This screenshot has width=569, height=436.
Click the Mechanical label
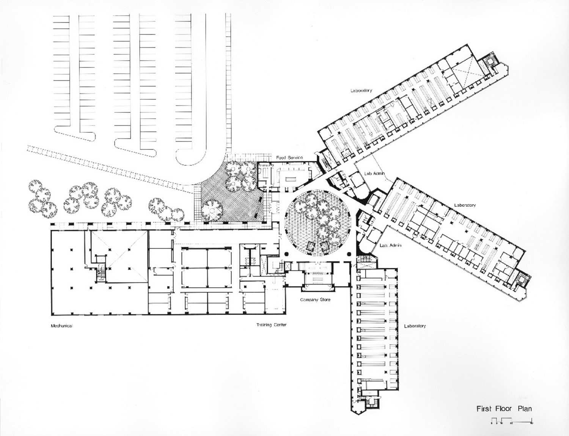[61, 326]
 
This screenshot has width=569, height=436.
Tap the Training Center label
[271, 325]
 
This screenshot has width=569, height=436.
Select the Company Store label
[315, 300]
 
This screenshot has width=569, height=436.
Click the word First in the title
[484, 409]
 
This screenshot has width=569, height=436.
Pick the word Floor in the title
[504, 409]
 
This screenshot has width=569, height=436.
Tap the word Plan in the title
[525, 409]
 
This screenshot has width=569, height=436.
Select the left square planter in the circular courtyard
[311, 246]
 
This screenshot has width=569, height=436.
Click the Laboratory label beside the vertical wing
[415, 326]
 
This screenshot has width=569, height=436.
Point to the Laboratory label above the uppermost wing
[361, 91]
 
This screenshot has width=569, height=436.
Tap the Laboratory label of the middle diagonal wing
[465, 205]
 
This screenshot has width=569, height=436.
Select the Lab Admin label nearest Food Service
[374, 173]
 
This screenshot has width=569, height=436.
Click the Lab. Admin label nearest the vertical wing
[391, 246]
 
